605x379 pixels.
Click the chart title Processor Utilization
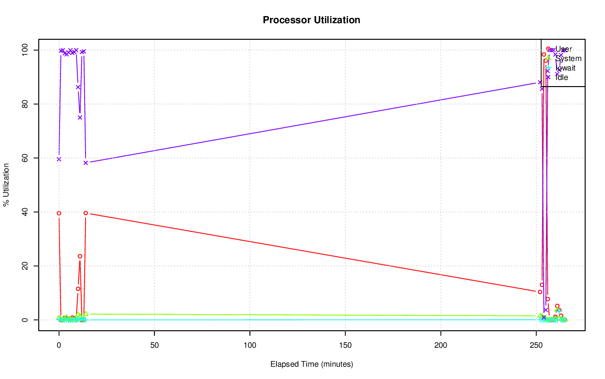[x=311, y=20]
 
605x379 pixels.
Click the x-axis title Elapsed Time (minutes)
[x=311, y=364]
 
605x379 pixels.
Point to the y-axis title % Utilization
[x=6, y=185]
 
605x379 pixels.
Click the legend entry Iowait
[x=565, y=68]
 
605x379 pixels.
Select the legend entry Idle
[x=562, y=78]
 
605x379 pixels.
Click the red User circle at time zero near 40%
[x=59, y=213]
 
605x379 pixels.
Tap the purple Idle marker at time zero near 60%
[x=59, y=159]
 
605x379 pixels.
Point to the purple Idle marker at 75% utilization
[x=80, y=117]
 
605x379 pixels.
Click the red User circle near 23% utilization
[x=80, y=256]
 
